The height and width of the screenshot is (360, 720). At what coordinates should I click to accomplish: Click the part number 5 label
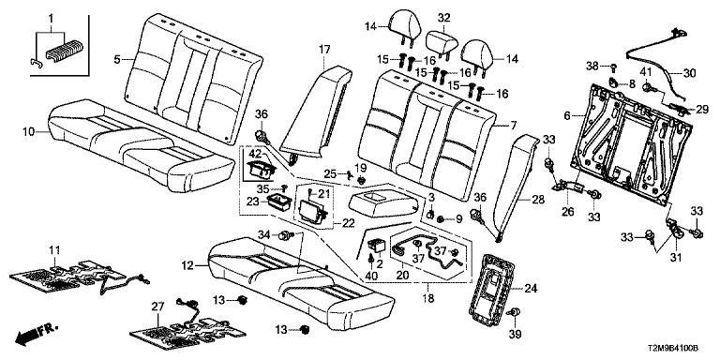tap(117, 59)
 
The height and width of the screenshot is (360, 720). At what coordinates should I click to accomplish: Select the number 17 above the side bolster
tap(324, 49)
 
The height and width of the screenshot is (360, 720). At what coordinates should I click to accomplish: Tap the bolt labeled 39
tap(515, 313)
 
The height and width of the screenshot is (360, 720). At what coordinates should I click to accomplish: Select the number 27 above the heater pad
tap(157, 307)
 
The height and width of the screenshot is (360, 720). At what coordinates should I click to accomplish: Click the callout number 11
tap(54, 249)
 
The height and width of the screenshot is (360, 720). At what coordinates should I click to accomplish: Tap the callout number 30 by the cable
tap(690, 72)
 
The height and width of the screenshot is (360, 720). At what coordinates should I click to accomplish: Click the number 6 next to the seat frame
tap(567, 116)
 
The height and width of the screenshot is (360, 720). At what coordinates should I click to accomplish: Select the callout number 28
tap(538, 200)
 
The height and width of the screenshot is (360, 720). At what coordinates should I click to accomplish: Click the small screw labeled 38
tap(613, 67)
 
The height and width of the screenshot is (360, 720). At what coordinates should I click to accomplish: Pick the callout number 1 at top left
tap(51, 19)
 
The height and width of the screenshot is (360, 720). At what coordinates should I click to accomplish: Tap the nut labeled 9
tap(440, 219)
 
